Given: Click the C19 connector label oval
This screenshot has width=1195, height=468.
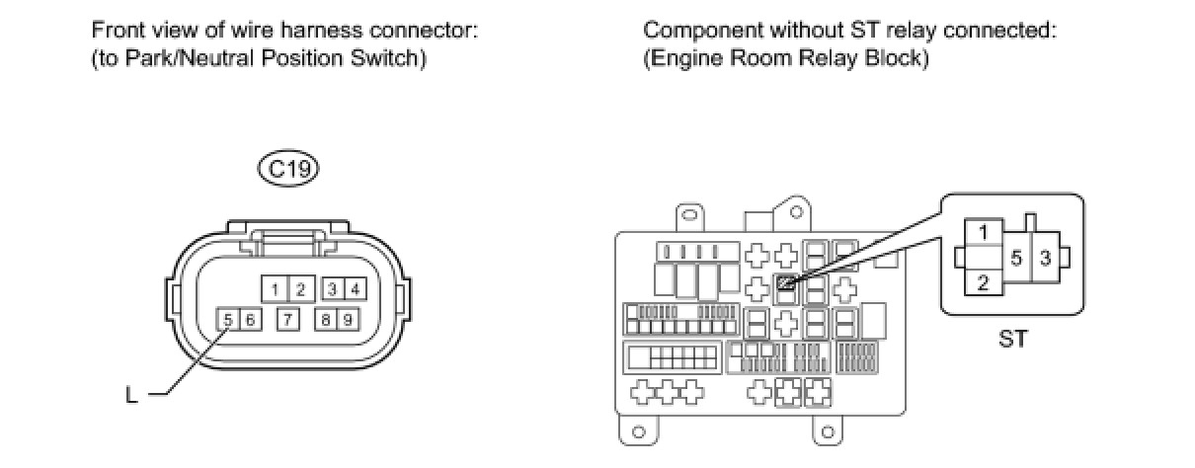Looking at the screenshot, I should tap(288, 170).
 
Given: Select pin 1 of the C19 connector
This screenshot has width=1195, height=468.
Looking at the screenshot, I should tap(274, 289).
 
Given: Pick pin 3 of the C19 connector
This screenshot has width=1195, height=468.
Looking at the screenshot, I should tap(333, 289).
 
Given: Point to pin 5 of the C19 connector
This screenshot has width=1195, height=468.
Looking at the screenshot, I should tap(227, 320).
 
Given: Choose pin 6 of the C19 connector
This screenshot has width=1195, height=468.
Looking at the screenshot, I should tap(249, 320).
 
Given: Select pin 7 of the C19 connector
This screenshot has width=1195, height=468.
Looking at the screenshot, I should tap(286, 320).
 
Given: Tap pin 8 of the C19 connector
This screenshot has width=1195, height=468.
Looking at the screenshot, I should tap(323, 320).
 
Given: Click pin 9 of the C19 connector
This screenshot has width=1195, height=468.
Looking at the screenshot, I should tap(346, 320).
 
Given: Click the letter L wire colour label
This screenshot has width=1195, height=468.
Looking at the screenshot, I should tap(130, 396).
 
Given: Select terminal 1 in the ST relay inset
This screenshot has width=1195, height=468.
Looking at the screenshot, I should tap(985, 233).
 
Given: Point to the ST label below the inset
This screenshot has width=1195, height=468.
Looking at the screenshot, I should tap(1012, 339).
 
